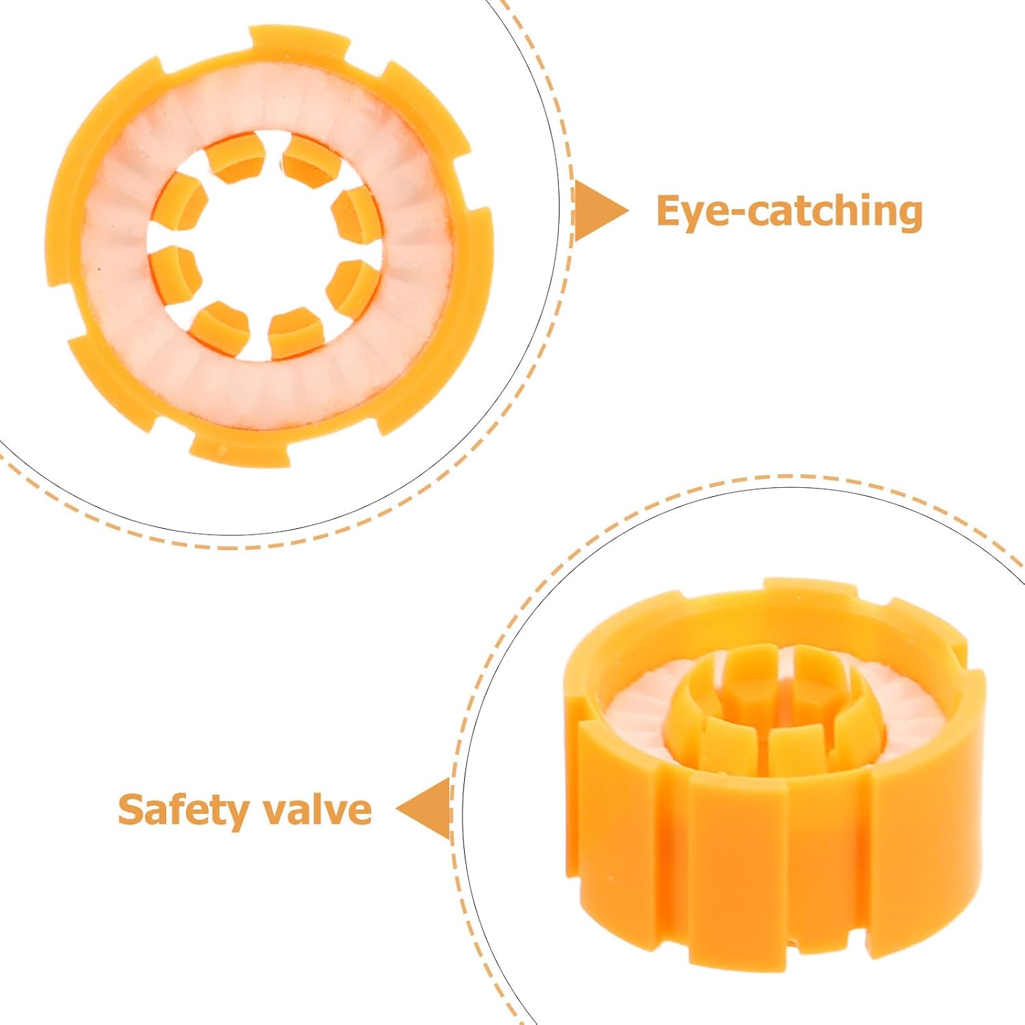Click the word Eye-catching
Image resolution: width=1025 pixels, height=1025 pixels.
[789, 211]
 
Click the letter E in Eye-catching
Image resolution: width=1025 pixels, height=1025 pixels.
[669, 211]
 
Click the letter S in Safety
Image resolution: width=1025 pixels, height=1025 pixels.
[131, 810]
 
